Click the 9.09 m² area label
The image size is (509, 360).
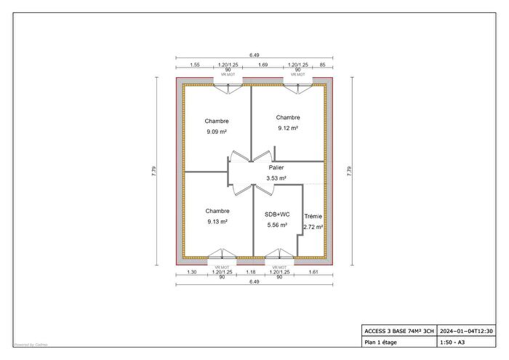point(217,132)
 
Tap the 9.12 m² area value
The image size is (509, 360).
point(288,128)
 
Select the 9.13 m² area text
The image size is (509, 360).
point(217,222)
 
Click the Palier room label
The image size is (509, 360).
point(276,167)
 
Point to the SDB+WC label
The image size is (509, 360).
point(277,215)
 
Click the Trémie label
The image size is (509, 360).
point(313,217)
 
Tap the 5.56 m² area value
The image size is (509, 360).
point(277,225)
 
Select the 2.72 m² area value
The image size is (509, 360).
point(313,227)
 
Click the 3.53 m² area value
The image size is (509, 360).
point(276,177)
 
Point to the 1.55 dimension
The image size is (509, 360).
point(195,65)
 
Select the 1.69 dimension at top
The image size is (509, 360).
point(264,65)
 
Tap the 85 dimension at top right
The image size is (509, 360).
point(322,65)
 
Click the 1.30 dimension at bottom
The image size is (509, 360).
point(192,272)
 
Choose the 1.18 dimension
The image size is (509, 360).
point(252,272)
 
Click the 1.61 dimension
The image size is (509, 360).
point(314,272)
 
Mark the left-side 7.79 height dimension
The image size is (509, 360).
point(153,172)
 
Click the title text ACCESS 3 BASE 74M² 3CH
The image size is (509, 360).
point(399,331)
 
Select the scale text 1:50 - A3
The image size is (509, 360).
point(452,342)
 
